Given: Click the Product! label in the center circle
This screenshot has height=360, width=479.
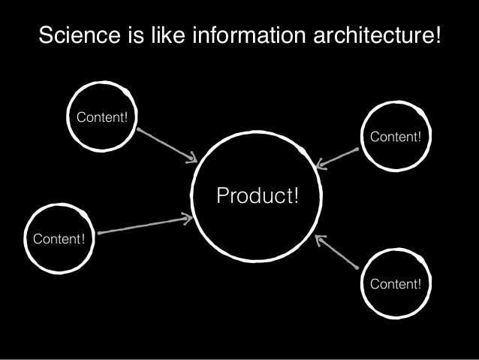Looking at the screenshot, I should (x=257, y=197).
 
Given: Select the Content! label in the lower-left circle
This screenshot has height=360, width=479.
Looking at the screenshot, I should (x=57, y=239).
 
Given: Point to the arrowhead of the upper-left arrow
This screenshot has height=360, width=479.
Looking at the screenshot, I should (x=191, y=158).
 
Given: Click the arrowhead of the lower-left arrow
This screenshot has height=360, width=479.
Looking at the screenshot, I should (x=188, y=219).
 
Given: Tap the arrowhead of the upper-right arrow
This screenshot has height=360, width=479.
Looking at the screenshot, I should (x=321, y=163).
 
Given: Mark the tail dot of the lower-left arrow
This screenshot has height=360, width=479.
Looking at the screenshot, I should (x=99, y=233).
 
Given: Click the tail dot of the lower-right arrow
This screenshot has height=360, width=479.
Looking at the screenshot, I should (x=356, y=267).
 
